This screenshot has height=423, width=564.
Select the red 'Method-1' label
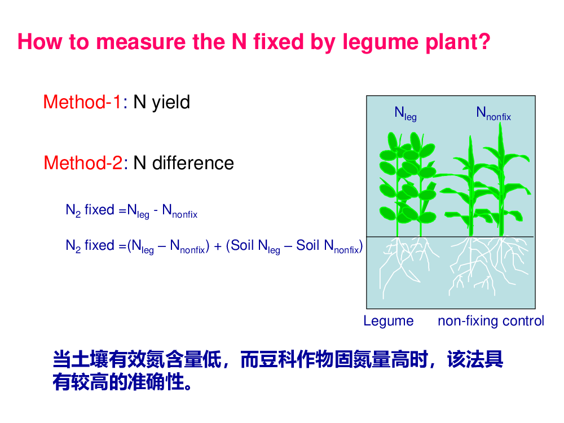point(83,102)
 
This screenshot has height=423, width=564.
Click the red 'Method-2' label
point(83,163)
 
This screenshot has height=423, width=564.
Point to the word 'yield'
point(171,103)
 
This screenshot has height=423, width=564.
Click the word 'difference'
point(193,163)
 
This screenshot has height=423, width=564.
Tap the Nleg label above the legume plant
point(406,114)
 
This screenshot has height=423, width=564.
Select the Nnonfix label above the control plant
point(493,113)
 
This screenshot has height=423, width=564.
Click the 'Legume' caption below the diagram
point(389,321)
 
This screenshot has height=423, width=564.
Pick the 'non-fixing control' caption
point(491,321)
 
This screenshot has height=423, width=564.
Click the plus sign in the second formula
point(218,246)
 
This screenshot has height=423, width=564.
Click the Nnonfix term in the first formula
point(179,211)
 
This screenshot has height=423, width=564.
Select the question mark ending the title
point(484,42)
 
